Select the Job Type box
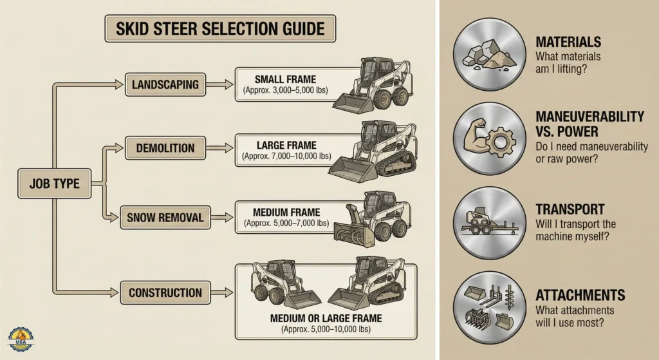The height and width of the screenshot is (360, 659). [54, 184]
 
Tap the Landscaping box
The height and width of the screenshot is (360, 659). [165, 84]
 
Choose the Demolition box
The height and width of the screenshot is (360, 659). [165, 148]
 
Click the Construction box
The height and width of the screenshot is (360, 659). [165, 292]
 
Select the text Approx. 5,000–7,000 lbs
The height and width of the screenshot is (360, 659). [286, 223]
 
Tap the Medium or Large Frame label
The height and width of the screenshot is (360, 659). [326, 318]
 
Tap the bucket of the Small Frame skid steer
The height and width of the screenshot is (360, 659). [350, 103]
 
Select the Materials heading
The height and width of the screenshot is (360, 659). [568, 43]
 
